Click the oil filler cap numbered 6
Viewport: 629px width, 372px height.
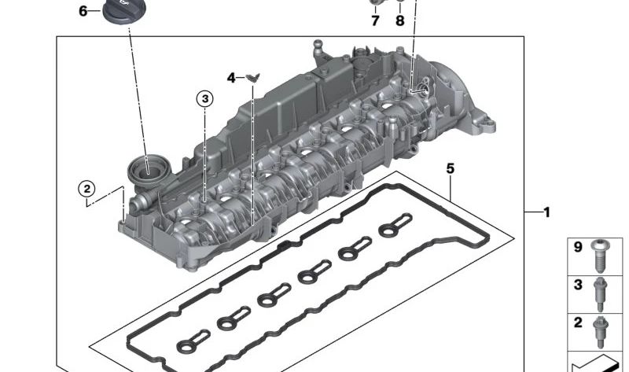(120, 12)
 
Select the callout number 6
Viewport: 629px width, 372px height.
(83, 11)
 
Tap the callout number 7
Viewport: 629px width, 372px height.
(375, 20)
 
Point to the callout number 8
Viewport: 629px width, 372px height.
(400, 20)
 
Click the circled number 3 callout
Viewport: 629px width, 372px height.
(205, 99)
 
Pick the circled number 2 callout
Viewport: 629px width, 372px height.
(86, 189)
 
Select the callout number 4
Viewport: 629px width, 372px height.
(231, 77)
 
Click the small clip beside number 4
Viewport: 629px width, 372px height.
(252, 77)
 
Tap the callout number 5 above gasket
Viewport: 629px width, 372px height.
(451, 168)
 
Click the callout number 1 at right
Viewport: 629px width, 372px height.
(546, 212)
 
